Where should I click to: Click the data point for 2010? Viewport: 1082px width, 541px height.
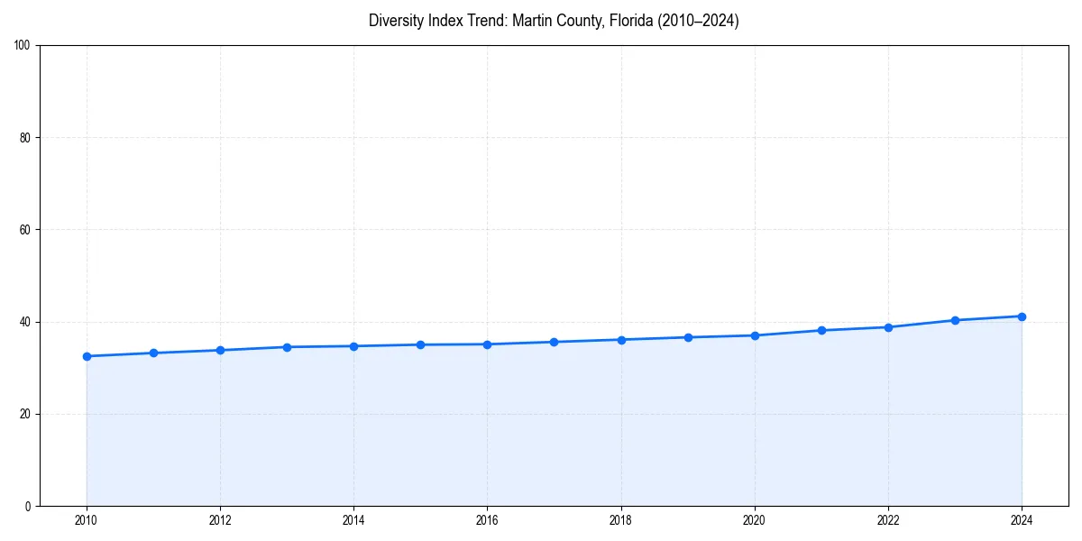[x=87, y=356]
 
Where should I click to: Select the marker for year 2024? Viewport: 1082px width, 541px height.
[x=1022, y=316]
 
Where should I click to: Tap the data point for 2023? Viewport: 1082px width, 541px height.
[x=955, y=320]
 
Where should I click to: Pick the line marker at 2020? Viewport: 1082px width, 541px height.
[x=755, y=335]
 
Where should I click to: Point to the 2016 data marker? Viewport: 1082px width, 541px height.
[x=487, y=344]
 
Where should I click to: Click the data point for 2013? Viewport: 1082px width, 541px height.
[x=287, y=347]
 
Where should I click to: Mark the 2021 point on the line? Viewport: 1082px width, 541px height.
[x=821, y=330]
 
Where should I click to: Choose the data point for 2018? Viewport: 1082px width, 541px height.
[x=621, y=340]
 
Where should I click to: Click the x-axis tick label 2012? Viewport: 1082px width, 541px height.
[x=220, y=520]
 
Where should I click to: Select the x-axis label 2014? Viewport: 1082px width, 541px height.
[x=353, y=520]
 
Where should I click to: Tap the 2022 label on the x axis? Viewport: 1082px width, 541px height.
[x=888, y=520]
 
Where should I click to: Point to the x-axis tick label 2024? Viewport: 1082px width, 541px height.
[x=1022, y=520]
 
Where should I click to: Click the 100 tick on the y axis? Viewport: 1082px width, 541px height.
[x=23, y=46]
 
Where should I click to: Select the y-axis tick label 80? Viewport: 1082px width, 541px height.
[x=26, y=138]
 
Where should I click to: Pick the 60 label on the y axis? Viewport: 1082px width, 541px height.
[x=26, y=230]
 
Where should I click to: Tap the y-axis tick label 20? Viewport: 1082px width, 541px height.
[x=26, y=414]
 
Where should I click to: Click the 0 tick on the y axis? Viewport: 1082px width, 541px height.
[x=29, y=506]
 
